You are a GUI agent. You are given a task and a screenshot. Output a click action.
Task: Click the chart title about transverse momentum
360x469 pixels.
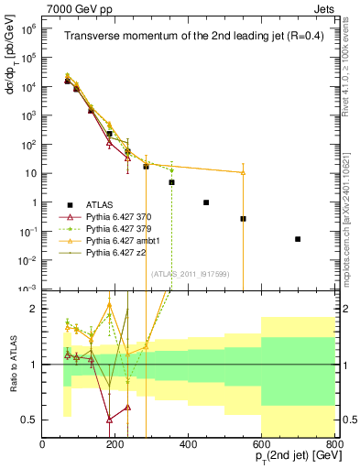[187, 37]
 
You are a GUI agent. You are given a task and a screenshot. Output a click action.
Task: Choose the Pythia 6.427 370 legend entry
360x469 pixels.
[116, 215]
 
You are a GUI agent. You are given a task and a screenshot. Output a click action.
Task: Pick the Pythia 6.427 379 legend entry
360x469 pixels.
[116, 227]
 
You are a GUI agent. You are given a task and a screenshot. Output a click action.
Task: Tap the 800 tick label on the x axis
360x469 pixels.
[334, 445]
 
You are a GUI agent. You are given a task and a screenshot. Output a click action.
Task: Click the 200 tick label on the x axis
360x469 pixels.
[115, 445]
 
